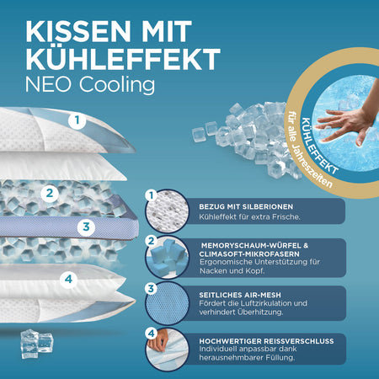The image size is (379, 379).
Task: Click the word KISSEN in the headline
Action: [x=78, y=31]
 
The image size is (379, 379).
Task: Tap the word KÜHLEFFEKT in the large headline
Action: [x=123, y=58]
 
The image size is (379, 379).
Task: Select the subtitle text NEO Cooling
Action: [x=90, y=85]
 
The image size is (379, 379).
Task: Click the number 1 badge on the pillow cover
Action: [x=77, y=120]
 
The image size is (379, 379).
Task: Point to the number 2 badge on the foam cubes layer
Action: [x=50, y=193]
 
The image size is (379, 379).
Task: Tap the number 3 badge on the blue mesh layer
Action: [x=86, y=227]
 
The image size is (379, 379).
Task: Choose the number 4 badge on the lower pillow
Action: [x=68, y=280]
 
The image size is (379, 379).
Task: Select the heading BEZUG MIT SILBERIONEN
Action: [x=246, y=206]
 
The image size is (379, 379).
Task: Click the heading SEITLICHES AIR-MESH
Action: [x=240, y=295]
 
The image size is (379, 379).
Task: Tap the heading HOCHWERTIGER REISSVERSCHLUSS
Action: [x=266, y=341]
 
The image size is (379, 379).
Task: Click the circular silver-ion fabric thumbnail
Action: [x=167, y=211]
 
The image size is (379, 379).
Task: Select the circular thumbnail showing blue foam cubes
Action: [x=168, y=257]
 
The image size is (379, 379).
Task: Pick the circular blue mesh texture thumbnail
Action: [x=168, y=304]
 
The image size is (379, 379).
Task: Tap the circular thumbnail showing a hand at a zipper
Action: [x=168, y=350]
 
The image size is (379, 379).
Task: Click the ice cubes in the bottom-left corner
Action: [x=36, y=344]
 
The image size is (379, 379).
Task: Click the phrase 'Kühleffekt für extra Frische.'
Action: [x=249, y=217]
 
